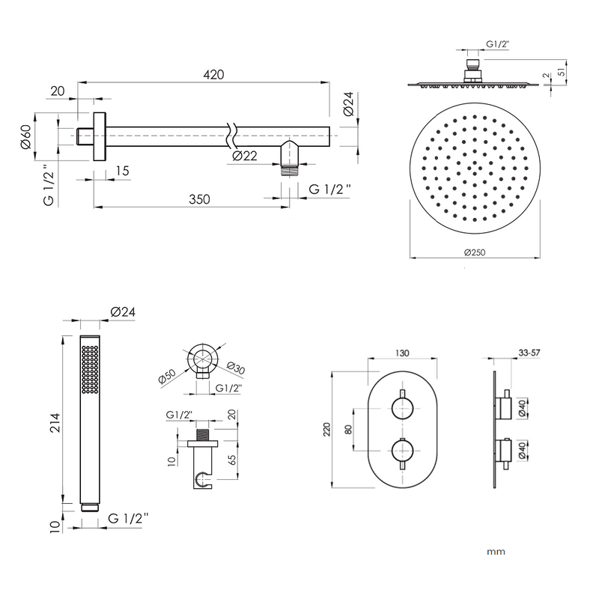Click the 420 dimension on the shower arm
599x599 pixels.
pos(213,75)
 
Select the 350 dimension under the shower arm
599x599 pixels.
pos(198,199)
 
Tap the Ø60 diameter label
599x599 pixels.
pos(25,136)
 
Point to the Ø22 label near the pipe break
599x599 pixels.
pos(246,156)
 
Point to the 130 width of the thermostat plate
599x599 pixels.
pos(403,353)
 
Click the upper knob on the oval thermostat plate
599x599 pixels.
pos(403,409)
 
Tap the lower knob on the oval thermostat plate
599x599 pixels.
pos(403,453)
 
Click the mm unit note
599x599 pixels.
pos(496,552)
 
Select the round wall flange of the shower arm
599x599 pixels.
pos(99,136)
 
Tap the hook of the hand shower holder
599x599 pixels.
pos(201,477)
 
